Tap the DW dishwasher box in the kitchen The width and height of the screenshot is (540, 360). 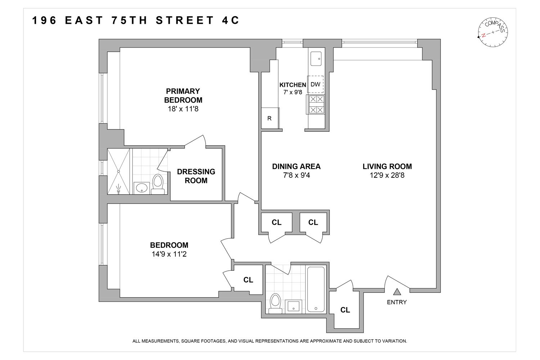(x=315, y=85)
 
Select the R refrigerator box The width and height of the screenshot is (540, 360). (x=269, y=118)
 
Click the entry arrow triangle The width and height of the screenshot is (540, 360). (x=397, y=292)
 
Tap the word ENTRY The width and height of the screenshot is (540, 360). (x=397, y=302)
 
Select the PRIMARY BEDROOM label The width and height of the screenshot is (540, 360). (x=183, y=95)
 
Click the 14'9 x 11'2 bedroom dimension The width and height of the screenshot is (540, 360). (x=169, y=254)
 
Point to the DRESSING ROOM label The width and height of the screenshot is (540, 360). (x=196, y=176)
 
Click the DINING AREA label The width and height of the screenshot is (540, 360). (x=296, y=166)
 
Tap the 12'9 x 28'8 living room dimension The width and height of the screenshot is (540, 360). (x=387, y=175)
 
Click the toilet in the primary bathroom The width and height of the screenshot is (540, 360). (x=157, y=184)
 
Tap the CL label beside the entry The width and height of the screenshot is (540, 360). (x=345, y=310)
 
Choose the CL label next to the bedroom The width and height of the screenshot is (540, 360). (x=248, y=279)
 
